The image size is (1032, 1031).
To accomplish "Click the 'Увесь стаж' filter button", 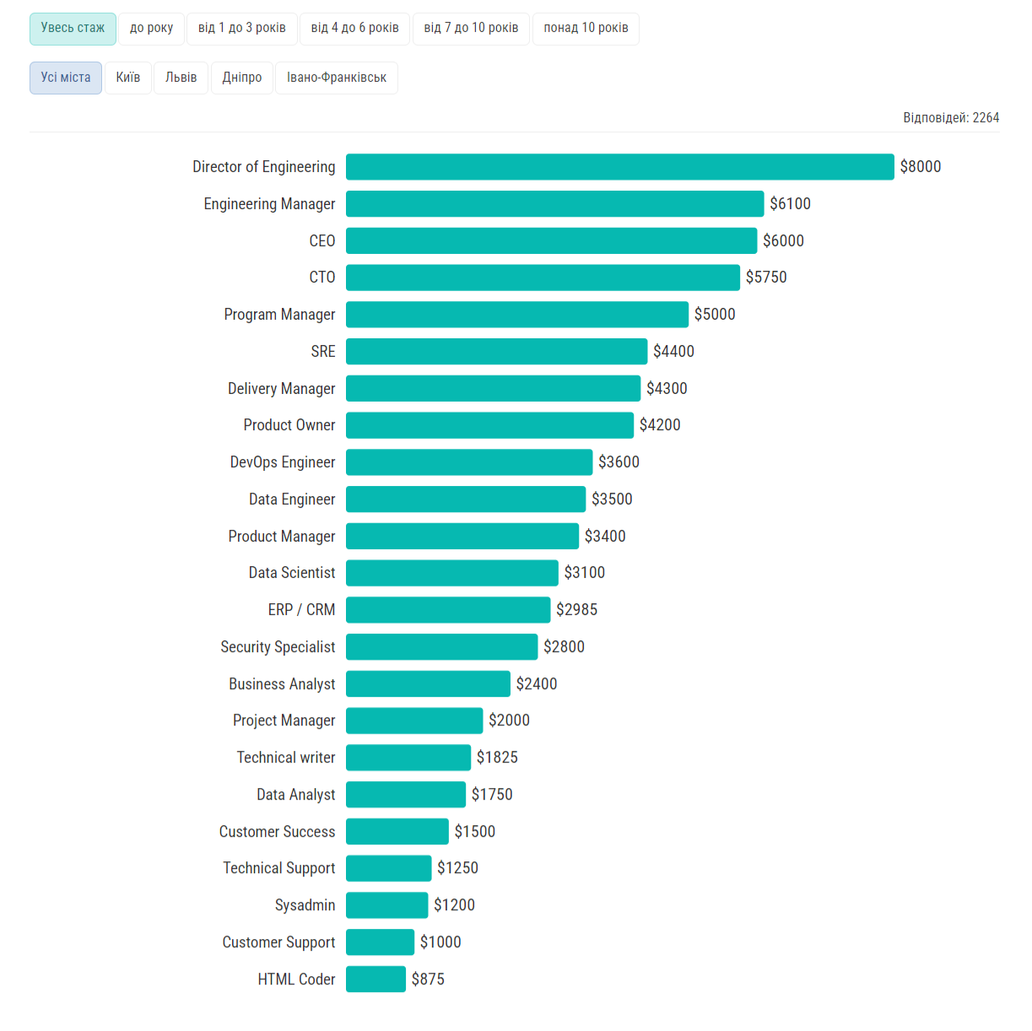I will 73,29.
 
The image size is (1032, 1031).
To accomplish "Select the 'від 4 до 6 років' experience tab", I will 354,29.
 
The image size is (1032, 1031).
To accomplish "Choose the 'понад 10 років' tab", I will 586,29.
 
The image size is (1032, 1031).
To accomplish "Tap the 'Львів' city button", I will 181,78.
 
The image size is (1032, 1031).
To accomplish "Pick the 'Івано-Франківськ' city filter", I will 336,78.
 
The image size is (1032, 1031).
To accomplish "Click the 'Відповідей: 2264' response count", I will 951,118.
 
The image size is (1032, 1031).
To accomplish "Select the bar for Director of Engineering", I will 619,167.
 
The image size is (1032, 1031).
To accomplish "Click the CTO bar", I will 543,278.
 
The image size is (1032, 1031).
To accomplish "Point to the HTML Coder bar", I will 376,980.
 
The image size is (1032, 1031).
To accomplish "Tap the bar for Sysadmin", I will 386,905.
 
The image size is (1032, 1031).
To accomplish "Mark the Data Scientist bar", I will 451,573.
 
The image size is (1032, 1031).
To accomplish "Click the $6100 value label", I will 790,204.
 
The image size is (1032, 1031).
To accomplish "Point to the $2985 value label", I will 576,610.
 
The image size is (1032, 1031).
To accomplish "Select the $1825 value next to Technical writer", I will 497,758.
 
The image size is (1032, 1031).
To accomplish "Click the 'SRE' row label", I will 323,352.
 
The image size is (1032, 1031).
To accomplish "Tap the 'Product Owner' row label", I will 289,425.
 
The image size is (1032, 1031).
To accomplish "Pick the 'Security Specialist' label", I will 278,647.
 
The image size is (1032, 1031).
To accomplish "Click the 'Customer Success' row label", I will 277,832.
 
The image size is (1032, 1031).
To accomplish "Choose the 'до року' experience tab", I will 151,29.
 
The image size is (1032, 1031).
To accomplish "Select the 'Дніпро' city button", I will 241,78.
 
